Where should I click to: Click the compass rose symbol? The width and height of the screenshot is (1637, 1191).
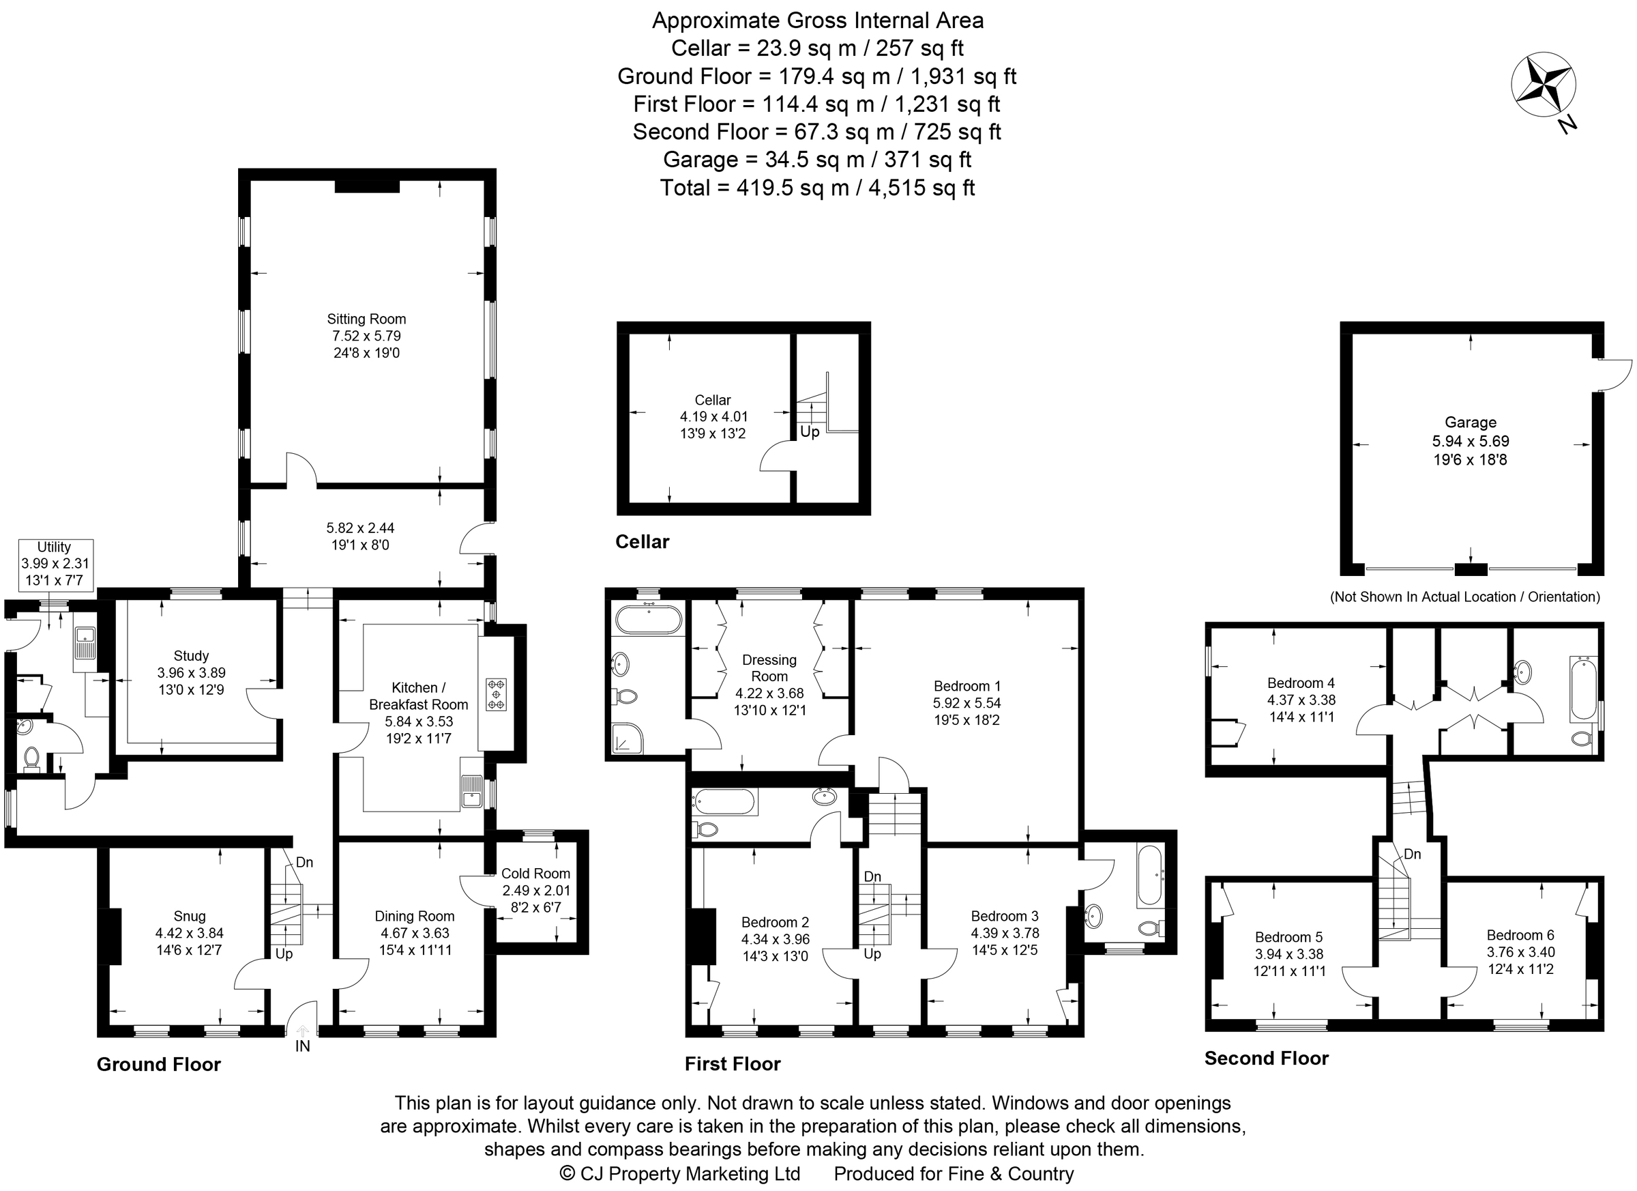click(x=1543, y=85)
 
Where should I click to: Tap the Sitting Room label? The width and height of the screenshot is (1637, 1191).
click(x=366, y=319)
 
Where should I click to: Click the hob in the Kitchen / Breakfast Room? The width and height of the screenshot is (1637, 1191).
click(x=496, y=694)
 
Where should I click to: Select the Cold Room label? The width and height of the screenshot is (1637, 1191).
click(x=535, y=874)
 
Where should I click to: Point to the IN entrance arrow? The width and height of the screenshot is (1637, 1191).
click(x=302, y=1033)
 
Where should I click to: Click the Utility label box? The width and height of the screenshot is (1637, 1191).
click(x=55, y=563)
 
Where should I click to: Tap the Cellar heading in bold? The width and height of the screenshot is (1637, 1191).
click(x=642, y=542)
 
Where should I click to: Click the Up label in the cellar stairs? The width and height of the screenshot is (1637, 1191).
click(x=810, y=432)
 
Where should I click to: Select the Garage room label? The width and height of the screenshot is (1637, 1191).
click(x=1471, y=422)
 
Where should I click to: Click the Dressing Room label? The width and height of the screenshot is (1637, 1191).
click(x=769, y=668)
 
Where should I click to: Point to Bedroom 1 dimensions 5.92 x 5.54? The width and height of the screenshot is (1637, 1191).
click(x=967, y=703)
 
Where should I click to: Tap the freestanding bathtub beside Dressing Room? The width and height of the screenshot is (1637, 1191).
click(x=647, y=620)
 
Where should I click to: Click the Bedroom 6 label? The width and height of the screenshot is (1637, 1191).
click(x=1520, y=935)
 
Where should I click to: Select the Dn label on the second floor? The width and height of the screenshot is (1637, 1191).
click(x=1412, y=855)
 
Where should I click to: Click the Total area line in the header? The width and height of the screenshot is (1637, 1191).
click(x=817, y=188)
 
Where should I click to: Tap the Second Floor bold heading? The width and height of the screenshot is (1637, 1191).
click(x=1266, y=1058)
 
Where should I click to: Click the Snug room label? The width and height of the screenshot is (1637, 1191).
click(x=189, y=917)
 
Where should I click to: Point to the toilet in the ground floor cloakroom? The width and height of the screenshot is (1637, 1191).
click(x=31, y=758)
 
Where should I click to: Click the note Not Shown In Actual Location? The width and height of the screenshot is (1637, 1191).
click(x=1464, y=597)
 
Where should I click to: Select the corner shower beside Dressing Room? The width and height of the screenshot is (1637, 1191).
click(x=627, y=738)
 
